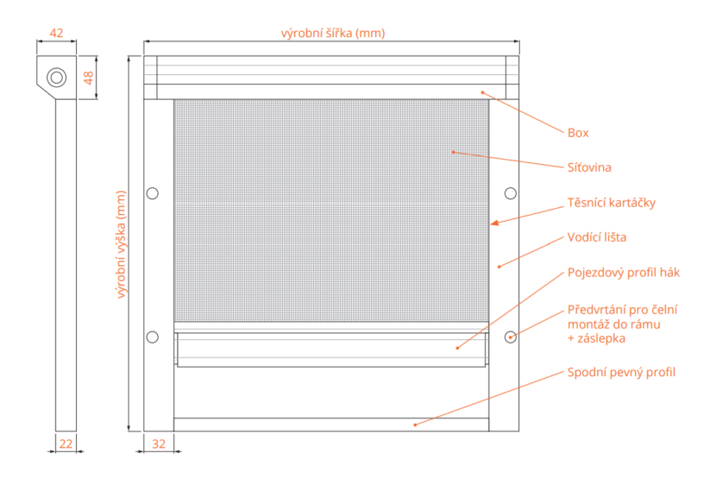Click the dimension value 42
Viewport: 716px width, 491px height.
pyautogui.click(x=56, y=33)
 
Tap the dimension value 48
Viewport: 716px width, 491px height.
pyautogui.click(x=88, y=77)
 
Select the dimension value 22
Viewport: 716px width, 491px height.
pyautogui.click(x=66, y=444)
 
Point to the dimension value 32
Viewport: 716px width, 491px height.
pyautogui.click(x=159, y=444)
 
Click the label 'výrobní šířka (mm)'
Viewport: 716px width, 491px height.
pyautogui.click(x=332, y=33)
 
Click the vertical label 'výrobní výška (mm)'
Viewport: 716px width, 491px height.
pyautogui.click(x=122, y=245)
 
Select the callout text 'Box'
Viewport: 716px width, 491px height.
pyautogui.click(x=577, y=133)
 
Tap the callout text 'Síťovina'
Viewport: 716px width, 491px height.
pyautogui.click(x=589, y=167)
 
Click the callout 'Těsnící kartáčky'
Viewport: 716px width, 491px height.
pyautogui.click(x=611, y=203)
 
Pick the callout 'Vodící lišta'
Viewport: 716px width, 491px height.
pyautogui.click(x=597, y=237)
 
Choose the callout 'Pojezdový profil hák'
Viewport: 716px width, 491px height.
pyautogui.click(x=623, y=272)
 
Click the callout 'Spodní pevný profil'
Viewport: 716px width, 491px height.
pyautogui.click(x=621, y=372)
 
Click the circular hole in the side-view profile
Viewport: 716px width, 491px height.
pyautogui.click(x=57, y=77)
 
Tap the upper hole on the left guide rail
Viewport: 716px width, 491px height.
pyautogui.click(x=153, y=192)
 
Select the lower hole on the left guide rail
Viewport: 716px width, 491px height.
pyautogui.click(x=153, y=337)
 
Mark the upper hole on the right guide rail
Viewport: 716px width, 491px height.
pyautogui.click(x=510, y=192)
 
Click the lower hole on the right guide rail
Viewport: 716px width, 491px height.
pyautogui.click(x=510, y=337)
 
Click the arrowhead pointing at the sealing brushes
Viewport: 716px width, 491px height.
pyautogui.click(x=495, y=223)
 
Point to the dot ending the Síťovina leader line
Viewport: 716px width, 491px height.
pyautogui.click(x=452, y=153)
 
